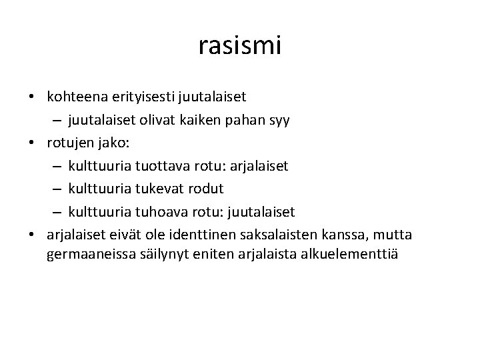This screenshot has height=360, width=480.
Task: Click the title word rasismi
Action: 240,46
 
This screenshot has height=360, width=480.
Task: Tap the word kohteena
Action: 75,96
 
